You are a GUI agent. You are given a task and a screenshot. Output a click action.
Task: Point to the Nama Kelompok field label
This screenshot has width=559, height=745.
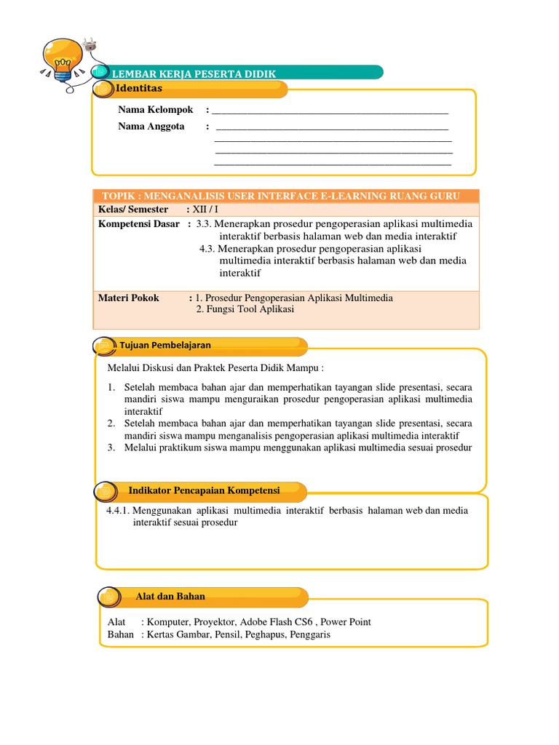pyautogui.click(x=156, y=110)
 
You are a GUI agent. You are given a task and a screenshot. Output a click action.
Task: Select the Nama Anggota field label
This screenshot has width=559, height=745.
pyautogui.click(x=151, y=127)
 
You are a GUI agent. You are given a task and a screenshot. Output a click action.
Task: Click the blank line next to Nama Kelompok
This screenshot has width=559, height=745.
pyautogui.click(x=331, y=112)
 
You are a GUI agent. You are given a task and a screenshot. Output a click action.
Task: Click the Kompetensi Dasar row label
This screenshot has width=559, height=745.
pyautogui.click(x=139, y=224)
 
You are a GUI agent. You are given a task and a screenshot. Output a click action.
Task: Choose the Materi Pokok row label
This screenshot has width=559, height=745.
pyautogui.click(x=129, y=298)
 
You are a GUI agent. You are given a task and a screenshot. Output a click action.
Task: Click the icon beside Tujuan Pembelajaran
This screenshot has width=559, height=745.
pyautogui.click(x=103, y=346)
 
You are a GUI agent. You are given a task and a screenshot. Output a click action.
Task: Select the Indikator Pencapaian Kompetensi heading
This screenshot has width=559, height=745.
pyautogui.click(x=204, y=490)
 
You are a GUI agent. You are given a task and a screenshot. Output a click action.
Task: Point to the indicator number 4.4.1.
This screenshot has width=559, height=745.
pyautogui.click(x=118, y=511)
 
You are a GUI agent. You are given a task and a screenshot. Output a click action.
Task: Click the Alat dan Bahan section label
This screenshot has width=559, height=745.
pyautogui.click(x=170, y=597)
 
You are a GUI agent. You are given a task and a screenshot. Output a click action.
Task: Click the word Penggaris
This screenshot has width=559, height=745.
pyautogui.click(x=309, y=634)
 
